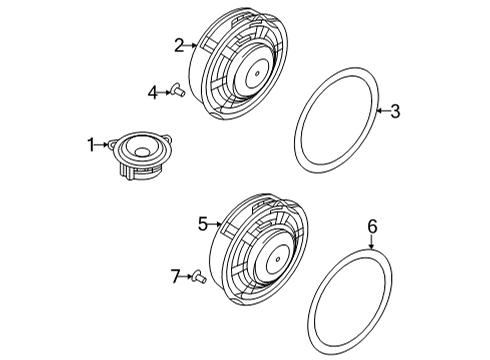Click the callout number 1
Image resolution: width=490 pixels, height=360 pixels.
pos(91,145)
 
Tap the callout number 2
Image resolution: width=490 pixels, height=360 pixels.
pos(179,45)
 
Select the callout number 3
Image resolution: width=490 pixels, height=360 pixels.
pos(395,111)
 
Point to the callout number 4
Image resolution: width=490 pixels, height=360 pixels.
pos(153,93)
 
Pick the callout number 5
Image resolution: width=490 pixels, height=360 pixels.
pos(203,224)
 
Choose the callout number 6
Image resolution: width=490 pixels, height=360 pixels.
pos(372,226)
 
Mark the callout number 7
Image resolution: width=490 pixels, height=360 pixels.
pos(175,276)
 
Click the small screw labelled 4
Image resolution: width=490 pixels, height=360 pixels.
pos(178,90)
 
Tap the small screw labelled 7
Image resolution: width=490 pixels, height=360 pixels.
pos(200,275)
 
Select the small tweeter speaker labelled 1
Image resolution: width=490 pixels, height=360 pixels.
pos(141,155)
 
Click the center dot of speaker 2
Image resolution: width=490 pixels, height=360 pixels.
pos(257,73)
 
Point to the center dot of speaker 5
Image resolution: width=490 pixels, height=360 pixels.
pos(278,259)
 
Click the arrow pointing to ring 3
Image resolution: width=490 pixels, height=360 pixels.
pos(383,111)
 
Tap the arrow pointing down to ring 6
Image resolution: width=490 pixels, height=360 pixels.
pos(371,242)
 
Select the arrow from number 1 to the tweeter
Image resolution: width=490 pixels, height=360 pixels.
pos(101,145)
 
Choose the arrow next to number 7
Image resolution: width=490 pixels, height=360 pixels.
pos(187,276)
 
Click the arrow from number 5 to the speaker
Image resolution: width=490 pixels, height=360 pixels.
pos(214,224)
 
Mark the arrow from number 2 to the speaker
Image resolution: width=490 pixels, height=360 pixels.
pos(191,45)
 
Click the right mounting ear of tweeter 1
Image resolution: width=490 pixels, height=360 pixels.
pos(168,138)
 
